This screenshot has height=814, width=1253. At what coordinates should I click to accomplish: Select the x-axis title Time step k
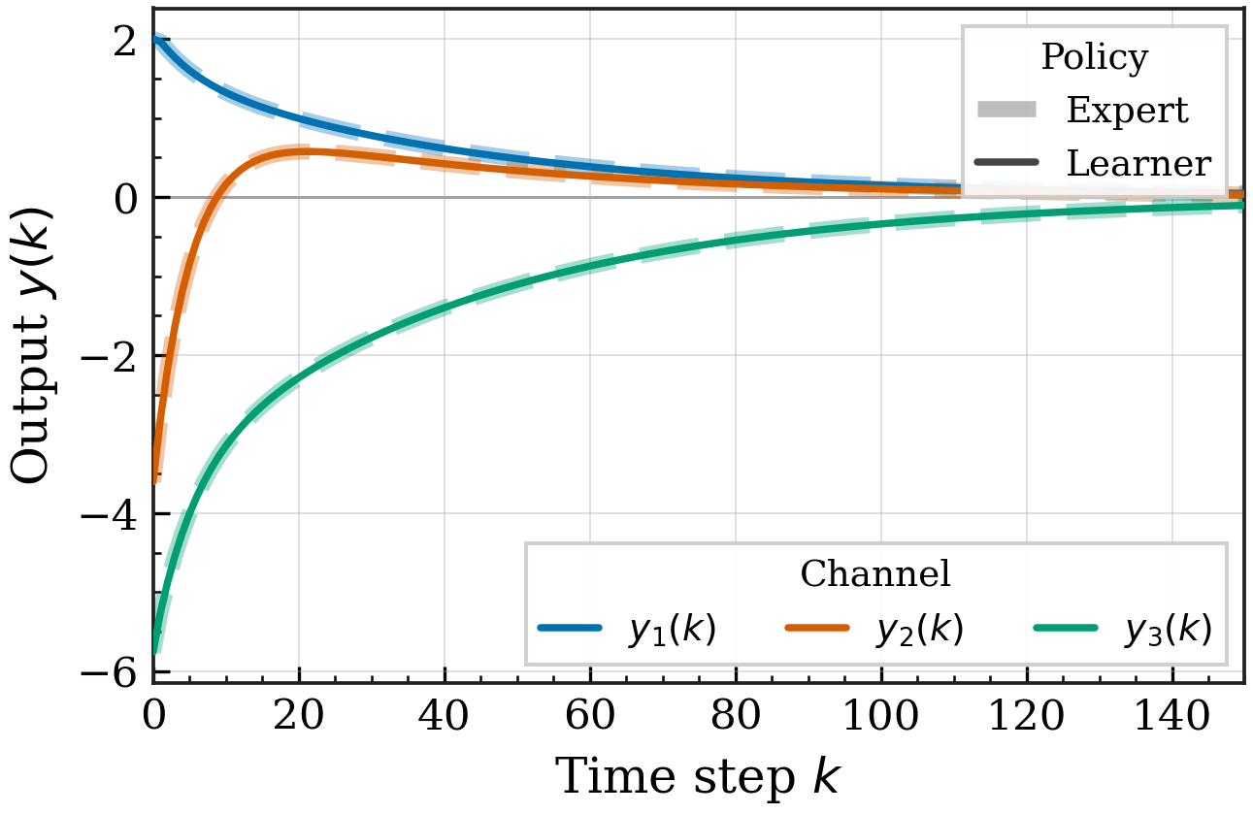(698, 776)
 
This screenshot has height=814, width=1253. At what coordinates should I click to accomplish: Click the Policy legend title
(1095, 57)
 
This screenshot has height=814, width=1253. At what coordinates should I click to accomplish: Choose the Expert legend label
(1128, 111)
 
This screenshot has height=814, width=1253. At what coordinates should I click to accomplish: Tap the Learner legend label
(1139, 163)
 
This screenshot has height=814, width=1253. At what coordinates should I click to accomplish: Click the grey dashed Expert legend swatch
(1006, 110)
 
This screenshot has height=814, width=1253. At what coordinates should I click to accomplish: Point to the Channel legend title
(875, 573)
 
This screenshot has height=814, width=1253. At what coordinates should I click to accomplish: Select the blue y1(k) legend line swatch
(570, 629)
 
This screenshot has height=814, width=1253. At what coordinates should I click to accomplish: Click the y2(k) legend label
(920, 630)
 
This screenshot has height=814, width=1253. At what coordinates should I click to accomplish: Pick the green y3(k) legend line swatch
(1066, 629)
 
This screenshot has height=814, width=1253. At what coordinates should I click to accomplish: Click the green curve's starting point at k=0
(155, 648)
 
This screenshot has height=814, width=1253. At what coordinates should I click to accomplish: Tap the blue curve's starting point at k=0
(155, 39)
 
